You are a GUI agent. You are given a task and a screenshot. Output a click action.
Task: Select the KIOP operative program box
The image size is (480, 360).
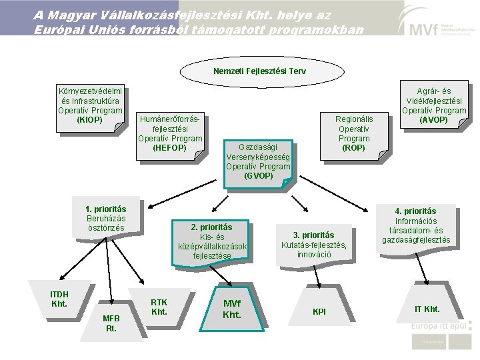click(90, 105)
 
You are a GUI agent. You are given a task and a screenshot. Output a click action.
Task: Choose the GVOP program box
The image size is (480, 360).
click(258, 162)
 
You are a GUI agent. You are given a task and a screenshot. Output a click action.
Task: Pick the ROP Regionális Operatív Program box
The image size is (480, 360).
click(353, 133)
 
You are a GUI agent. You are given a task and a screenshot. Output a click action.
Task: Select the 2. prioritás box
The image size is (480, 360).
click(212, 241)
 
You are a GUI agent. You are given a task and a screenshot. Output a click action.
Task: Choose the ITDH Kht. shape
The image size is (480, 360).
click(59, 299)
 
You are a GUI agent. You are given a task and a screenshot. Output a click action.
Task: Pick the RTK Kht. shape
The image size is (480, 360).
click(159, 307)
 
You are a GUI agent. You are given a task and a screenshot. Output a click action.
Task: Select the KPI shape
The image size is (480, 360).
click(319, 312)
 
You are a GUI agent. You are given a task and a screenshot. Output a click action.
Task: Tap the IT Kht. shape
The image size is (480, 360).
click(427, 308)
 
